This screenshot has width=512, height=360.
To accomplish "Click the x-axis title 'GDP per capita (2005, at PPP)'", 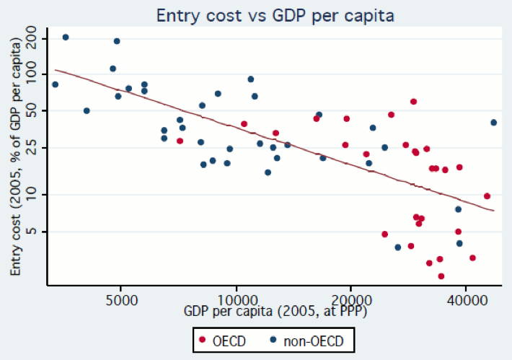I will [275, 312].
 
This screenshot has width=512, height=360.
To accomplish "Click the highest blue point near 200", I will [66, 37].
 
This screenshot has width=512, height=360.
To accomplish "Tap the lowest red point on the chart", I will [441, 276].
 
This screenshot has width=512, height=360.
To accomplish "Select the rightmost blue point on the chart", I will [494, 123].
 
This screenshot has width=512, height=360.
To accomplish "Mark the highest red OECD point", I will [413, 102].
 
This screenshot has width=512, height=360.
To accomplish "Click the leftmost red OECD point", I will [180, 141].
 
